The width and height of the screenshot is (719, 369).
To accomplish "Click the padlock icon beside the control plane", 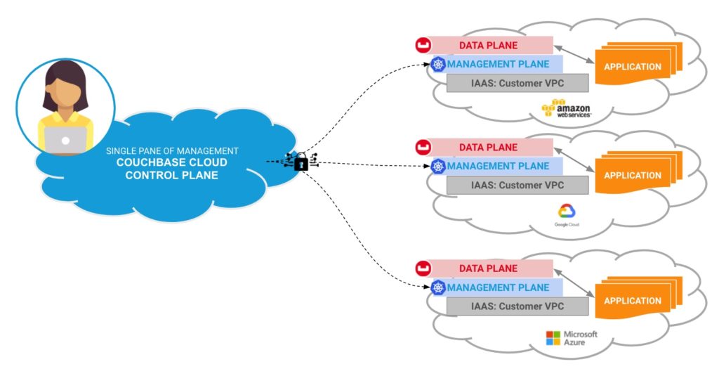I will click(x=301, y=162).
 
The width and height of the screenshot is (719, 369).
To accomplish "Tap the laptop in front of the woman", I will click(x=65, y=140).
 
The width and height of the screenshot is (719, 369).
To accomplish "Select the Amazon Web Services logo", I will click(x=566, y=110).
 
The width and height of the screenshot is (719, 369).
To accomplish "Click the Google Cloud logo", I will click(x=566, y=215).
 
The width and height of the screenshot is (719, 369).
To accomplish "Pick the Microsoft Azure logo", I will click(x=572, y=337).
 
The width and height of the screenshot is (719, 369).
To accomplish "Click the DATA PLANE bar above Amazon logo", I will click(x=489, y=46).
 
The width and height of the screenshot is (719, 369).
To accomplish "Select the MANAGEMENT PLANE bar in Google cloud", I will click(x=498, y=167).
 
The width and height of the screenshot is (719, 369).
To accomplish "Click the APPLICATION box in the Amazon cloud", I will click(x=633, y=67).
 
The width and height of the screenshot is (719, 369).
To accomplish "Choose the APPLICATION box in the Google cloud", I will click(x=633, y=175).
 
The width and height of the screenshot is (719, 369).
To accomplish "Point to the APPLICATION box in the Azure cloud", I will click(x=633, y=300).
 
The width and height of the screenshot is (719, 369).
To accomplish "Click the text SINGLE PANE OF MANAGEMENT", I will click(x=172, y=150).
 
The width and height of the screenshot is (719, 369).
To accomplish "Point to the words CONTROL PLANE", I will click(x=172, y=175).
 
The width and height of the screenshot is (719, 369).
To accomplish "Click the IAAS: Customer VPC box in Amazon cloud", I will click(x=517, y=84).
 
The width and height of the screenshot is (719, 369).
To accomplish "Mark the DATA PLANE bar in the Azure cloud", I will click(x=489, y=268).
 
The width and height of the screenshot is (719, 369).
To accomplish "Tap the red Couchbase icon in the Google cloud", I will click(x=423, y=148).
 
